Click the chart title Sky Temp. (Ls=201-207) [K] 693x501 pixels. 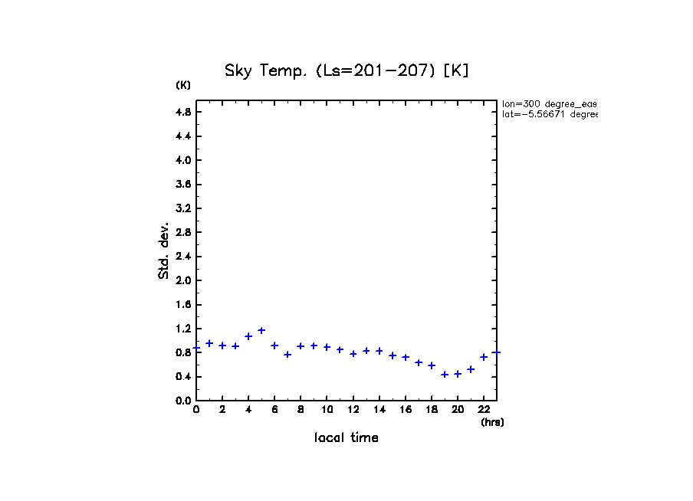[x=346, y=70]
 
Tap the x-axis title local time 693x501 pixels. [x=346, y=438]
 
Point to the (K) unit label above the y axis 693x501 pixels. [x=183, y=85]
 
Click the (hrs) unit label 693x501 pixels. [x=492, y=422]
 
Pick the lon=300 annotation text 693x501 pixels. [x=549, y=103]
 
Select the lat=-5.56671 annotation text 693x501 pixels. [x=549, y=114]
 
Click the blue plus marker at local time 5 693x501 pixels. [x=261, y=330]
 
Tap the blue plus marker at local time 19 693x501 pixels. [x=445, y=375]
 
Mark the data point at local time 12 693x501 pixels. [x=353, y=354]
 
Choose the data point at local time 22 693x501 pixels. [x=484, y=357]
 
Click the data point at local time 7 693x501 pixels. [x=287, y=354]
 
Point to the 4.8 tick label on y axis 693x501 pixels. [x=183, y=112]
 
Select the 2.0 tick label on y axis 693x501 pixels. [x=183, y=280]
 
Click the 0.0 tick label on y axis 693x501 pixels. [x=183, y=401]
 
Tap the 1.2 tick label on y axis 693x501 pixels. [x=183, y=329]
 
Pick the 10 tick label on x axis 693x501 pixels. [x=327, y=410]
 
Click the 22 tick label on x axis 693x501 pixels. [x=484, y=410]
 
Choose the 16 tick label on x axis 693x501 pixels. [x=406, y=410]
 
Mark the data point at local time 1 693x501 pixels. [x=209, y=343]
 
